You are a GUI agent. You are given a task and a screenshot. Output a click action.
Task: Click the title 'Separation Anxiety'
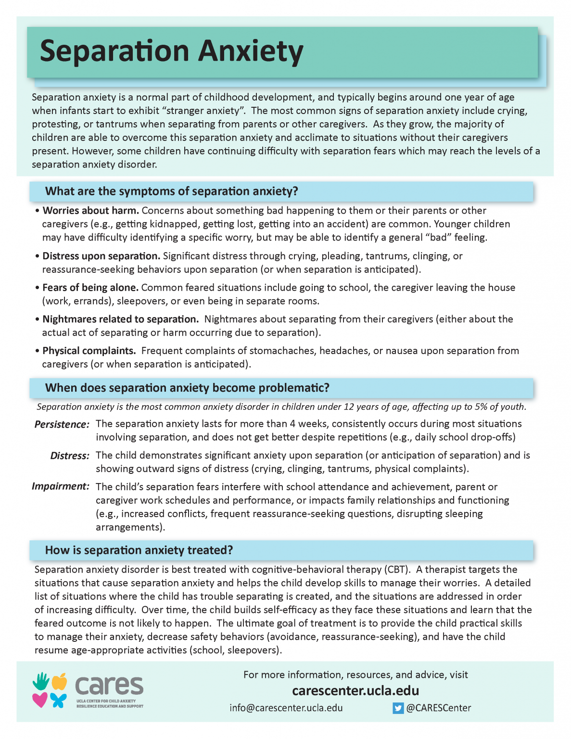click(171, 51)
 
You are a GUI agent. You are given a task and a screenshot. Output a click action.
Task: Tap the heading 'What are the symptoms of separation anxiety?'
click(171, 191)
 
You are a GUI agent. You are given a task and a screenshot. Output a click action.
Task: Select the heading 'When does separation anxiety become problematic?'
click(187, 388)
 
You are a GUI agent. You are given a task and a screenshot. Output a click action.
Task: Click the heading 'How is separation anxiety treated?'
click(139, 550)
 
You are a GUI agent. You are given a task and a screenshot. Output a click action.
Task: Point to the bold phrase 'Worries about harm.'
click(90, 211)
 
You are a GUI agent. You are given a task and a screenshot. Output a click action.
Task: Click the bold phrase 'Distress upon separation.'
click(101, 256)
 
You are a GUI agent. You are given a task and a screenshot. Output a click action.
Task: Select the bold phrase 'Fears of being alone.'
click(90, 288)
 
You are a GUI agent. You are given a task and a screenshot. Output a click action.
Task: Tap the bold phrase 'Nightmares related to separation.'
click(120, 319)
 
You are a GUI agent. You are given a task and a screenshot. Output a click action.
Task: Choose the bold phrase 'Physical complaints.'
click(89, 351)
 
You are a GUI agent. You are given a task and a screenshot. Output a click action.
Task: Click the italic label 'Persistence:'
click(62, 424)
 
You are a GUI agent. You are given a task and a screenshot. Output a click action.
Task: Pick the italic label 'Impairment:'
click(61, 486)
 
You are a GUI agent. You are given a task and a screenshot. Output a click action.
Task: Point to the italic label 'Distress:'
click(70, 456)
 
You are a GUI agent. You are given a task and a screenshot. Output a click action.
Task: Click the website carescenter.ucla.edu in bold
click(355, 691)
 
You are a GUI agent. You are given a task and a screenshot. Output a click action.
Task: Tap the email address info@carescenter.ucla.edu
click(286, 708)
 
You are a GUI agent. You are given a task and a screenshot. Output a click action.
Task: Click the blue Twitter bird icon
click(398, 708)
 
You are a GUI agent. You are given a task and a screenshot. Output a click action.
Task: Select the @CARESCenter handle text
click(439, 708)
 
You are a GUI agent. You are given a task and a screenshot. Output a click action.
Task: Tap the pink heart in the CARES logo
click(40, 700)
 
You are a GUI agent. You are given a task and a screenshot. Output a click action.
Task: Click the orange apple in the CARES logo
click(59, 681)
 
